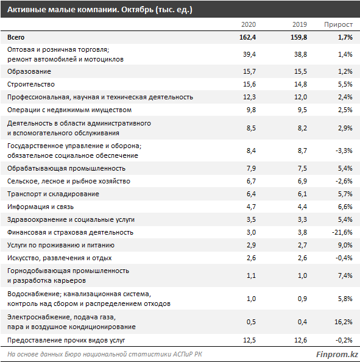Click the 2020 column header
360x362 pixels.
click(x=249, y=24)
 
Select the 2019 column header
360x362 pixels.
click(x=300, y=24)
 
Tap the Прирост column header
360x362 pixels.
click(x=338, y=25)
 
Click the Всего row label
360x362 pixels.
click(x=16, y=37)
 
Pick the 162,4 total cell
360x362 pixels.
click(x=248, y=37)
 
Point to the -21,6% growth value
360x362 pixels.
click(x=342, y=232)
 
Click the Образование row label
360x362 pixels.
click(x=29, y=71)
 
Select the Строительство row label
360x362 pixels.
click(x=31, y=84)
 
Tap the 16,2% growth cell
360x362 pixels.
click(x=344, y=322)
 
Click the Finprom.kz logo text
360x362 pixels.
click(x=337, y=354)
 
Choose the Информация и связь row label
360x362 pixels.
click(x=40, y=207)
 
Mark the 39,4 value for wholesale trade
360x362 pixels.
click(x=249, y=54)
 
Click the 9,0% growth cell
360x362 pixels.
click(x=345, y=245)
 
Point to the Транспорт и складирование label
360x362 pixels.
click(x=53, y=194)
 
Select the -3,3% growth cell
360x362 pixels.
click(x=344, y=151)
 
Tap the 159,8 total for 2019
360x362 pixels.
click(x=299, y=37)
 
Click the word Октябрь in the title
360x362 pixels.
click(x=137, y=10)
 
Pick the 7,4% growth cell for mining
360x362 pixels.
click(x=345, y=275)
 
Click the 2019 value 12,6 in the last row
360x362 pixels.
click(x=301, y=340)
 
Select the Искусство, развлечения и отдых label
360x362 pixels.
click(x=60, y=258)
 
